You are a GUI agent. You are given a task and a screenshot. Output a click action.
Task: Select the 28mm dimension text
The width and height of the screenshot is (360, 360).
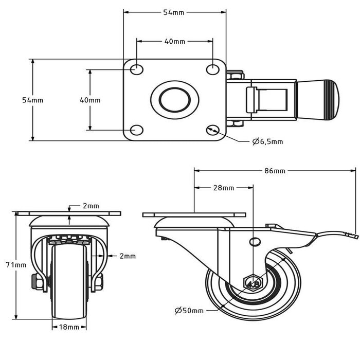click(223, 188)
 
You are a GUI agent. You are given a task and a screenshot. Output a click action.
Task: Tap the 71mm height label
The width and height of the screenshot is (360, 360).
click(19, 265)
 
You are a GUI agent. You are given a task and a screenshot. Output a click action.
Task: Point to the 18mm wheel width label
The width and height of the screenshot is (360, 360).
click(69, 327)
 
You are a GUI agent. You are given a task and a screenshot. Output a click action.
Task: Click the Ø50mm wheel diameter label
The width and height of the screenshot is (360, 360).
click(189, 310)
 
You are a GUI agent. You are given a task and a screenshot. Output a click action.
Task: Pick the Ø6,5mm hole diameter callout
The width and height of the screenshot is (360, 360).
click(267, 141)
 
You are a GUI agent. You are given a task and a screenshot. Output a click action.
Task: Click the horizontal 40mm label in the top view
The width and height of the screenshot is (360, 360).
click(175, 41)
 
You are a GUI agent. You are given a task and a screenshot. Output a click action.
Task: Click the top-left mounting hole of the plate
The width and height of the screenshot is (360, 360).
click(136, 69)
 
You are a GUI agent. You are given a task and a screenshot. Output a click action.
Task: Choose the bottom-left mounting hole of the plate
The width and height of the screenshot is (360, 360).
click(136, 130)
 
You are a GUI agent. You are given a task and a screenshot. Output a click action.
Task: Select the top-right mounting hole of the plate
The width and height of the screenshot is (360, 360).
click(213, 69)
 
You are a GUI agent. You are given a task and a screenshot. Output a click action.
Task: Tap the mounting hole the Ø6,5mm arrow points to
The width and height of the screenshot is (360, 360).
click(213, 130)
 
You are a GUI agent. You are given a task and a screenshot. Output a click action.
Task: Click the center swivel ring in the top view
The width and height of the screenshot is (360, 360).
click(174, 99)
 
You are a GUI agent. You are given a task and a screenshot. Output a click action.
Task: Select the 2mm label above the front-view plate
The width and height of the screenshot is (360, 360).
click(91, 206)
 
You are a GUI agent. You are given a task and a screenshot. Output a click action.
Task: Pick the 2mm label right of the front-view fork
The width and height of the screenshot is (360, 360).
click(128, 256)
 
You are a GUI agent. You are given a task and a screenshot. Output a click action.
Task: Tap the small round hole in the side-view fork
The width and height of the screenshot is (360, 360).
click(254, 242)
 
